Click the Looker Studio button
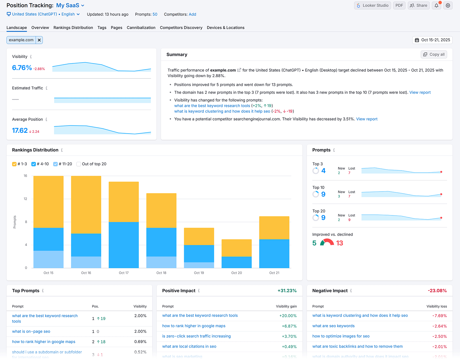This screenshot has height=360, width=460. coord(372,5)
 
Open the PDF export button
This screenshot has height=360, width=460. coord(399,5)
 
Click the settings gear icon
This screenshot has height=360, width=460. coord(448,5)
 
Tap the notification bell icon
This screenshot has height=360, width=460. coord(436,5)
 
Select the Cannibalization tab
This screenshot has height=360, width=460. coord(141,28)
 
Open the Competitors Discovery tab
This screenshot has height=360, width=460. coord(181,28)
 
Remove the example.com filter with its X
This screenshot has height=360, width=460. coord(39,40)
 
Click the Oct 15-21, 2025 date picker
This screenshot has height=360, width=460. coord(432,40)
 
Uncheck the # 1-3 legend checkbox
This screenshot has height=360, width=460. coord(14,164)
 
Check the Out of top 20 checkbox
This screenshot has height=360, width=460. coord(79,164)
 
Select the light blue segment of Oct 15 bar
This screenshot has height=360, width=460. coord(48,259)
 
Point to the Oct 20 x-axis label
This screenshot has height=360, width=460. coord(236,273)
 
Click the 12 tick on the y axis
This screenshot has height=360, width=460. coord(25,199)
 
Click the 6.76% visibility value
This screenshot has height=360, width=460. coord(22,68)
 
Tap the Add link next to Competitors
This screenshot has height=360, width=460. coord(192,14)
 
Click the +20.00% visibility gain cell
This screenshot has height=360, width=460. coord(288,316)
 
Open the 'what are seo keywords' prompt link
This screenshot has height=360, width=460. coord(333,326)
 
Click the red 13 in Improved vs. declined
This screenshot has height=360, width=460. coord(340,243)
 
